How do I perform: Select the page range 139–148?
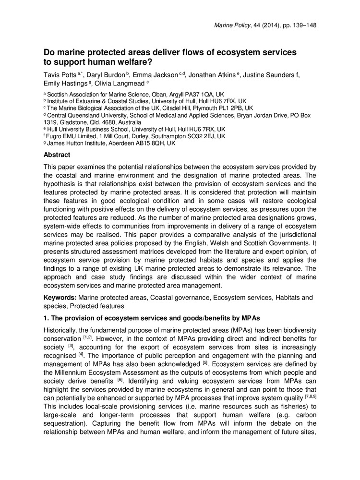301,24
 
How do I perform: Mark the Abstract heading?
57,155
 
